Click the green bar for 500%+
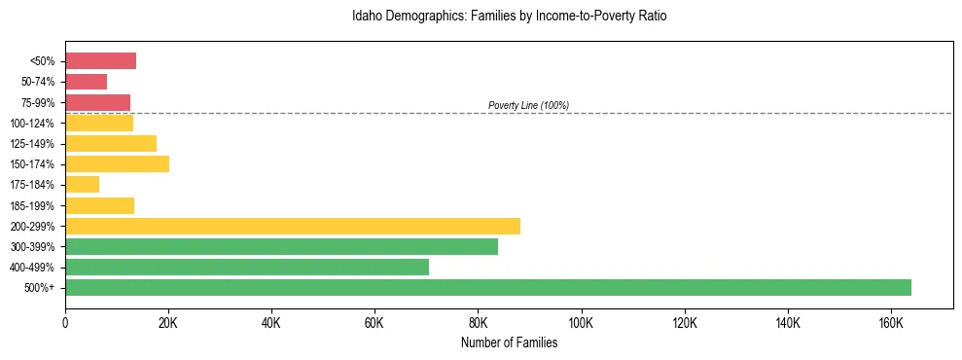487,287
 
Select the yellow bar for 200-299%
292,226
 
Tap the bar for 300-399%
281,246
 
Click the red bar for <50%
100,61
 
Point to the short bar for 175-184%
82,185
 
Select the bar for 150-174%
117,163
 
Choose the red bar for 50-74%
86,82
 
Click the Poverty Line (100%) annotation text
528,105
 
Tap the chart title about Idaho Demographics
509,17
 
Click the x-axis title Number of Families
509,342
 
